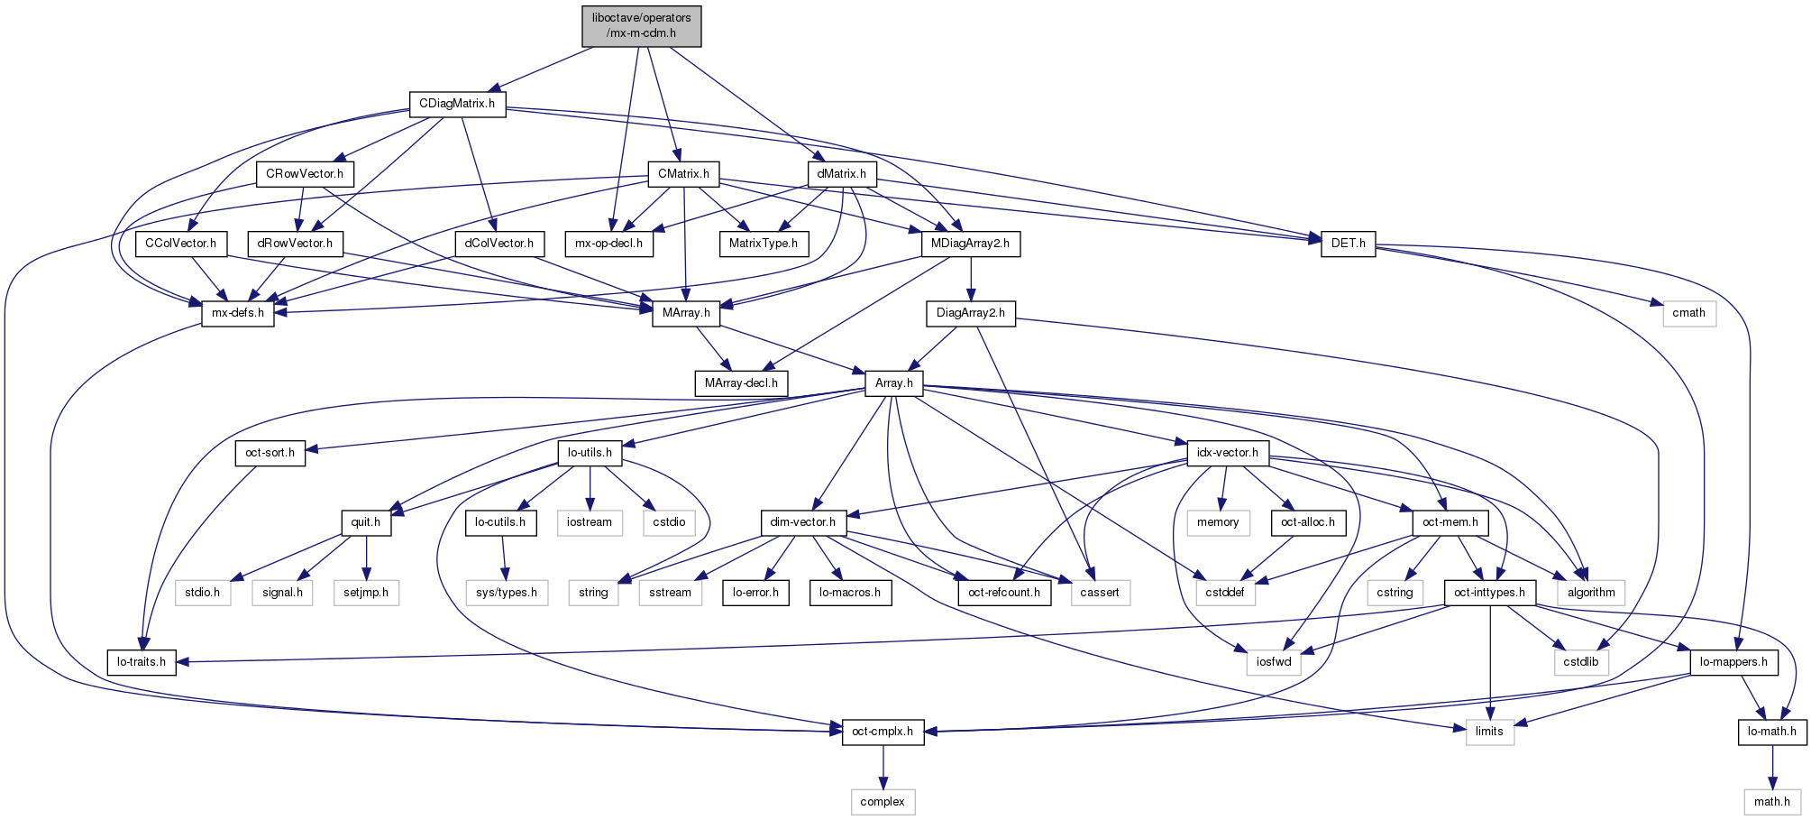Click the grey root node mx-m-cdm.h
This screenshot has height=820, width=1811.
641,25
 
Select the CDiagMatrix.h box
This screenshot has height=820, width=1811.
456,104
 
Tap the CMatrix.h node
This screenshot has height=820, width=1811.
683,173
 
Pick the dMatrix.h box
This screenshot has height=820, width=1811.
841,173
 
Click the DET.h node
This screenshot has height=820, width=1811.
1348,244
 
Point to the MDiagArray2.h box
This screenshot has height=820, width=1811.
970,244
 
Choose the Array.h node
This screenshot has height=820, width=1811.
893,383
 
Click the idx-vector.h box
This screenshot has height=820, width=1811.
1228,453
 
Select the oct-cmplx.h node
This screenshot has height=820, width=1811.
883,732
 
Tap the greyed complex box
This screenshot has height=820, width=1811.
883,801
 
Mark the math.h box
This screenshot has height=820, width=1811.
1771,801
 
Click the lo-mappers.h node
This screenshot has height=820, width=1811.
1733,662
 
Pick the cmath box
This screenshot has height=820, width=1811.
1688,313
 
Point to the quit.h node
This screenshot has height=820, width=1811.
366,522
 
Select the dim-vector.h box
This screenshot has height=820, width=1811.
802,522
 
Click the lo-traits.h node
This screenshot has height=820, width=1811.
142,662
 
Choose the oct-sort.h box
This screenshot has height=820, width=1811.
270,453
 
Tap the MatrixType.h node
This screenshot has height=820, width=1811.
764,244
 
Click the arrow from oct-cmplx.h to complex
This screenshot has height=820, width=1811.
883,766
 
